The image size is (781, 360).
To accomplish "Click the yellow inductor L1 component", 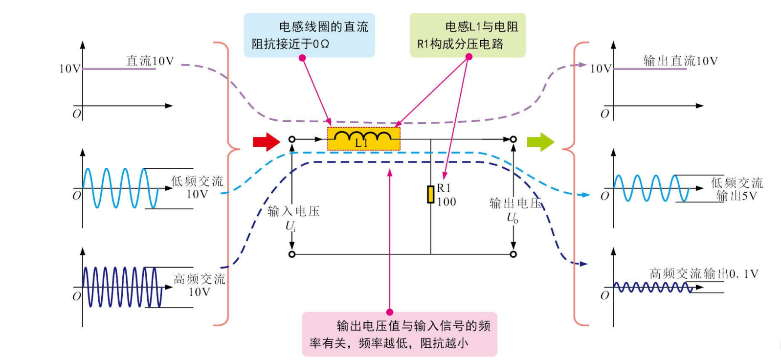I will coord(364,139).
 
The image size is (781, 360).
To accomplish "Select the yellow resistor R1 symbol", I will coord(430,194).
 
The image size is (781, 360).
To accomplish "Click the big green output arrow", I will coord(540,142).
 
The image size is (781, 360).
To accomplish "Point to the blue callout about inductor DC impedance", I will coord(309,35).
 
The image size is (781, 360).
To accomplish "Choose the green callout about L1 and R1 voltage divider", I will coord(468,35).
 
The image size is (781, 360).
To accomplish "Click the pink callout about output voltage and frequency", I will coord(399,335).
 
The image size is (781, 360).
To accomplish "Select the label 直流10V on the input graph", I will coord(150,61).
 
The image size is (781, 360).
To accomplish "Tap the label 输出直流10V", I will coord(680,61).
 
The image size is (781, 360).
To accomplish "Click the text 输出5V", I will coord(736,196).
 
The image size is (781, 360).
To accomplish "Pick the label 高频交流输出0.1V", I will coord(704,274).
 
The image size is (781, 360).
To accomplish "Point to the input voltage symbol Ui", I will coord(290,226).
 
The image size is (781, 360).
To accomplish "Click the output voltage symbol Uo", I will coord(512,218).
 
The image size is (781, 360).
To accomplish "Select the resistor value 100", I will coord(446,202).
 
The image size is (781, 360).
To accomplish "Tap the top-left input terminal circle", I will coord(292,139).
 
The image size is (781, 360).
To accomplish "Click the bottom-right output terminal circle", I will coord(513,254).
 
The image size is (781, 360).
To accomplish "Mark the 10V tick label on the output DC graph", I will coord(601,68).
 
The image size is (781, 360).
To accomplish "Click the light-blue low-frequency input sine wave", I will coord(120,188).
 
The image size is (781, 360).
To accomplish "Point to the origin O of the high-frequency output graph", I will coord(605,295).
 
